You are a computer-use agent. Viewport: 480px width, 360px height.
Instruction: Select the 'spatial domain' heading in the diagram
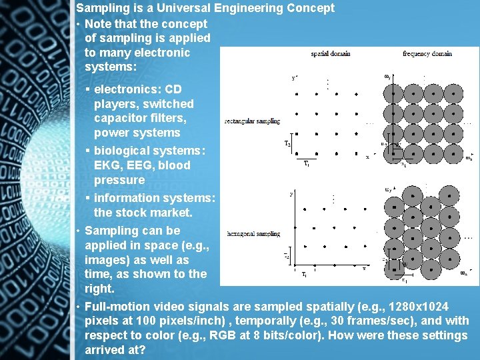[331, 53]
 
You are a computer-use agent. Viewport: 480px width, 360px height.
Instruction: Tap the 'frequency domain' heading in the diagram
[427, 53]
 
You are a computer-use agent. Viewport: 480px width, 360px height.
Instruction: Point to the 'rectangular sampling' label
[253, 121]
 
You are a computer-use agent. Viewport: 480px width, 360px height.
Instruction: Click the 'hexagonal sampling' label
[253, 234]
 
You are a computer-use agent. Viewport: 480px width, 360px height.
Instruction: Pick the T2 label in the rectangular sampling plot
[287, 144]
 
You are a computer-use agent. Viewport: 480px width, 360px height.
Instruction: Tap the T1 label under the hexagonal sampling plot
[305, 274]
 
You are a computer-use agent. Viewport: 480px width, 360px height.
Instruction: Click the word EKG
[107, 165]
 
